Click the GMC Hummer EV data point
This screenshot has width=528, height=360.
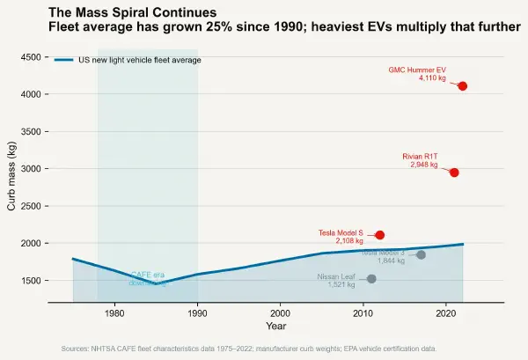tap(463, 86)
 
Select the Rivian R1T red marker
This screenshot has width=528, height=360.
tap(454, 173)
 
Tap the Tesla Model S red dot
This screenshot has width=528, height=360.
tap(380, 235)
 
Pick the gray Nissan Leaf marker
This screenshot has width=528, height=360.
tap(371, 279)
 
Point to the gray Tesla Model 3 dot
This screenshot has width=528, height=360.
tap(421, 254)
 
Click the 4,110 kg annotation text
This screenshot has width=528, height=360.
tap(432, 78)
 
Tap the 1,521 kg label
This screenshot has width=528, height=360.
tap(341, 284)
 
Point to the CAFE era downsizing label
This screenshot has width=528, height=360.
tap(148, 279)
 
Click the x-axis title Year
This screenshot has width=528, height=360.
tap(275, 327)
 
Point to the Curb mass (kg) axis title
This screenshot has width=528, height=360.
tap(11, 180)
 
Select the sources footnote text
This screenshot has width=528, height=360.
tap(249, 349)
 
